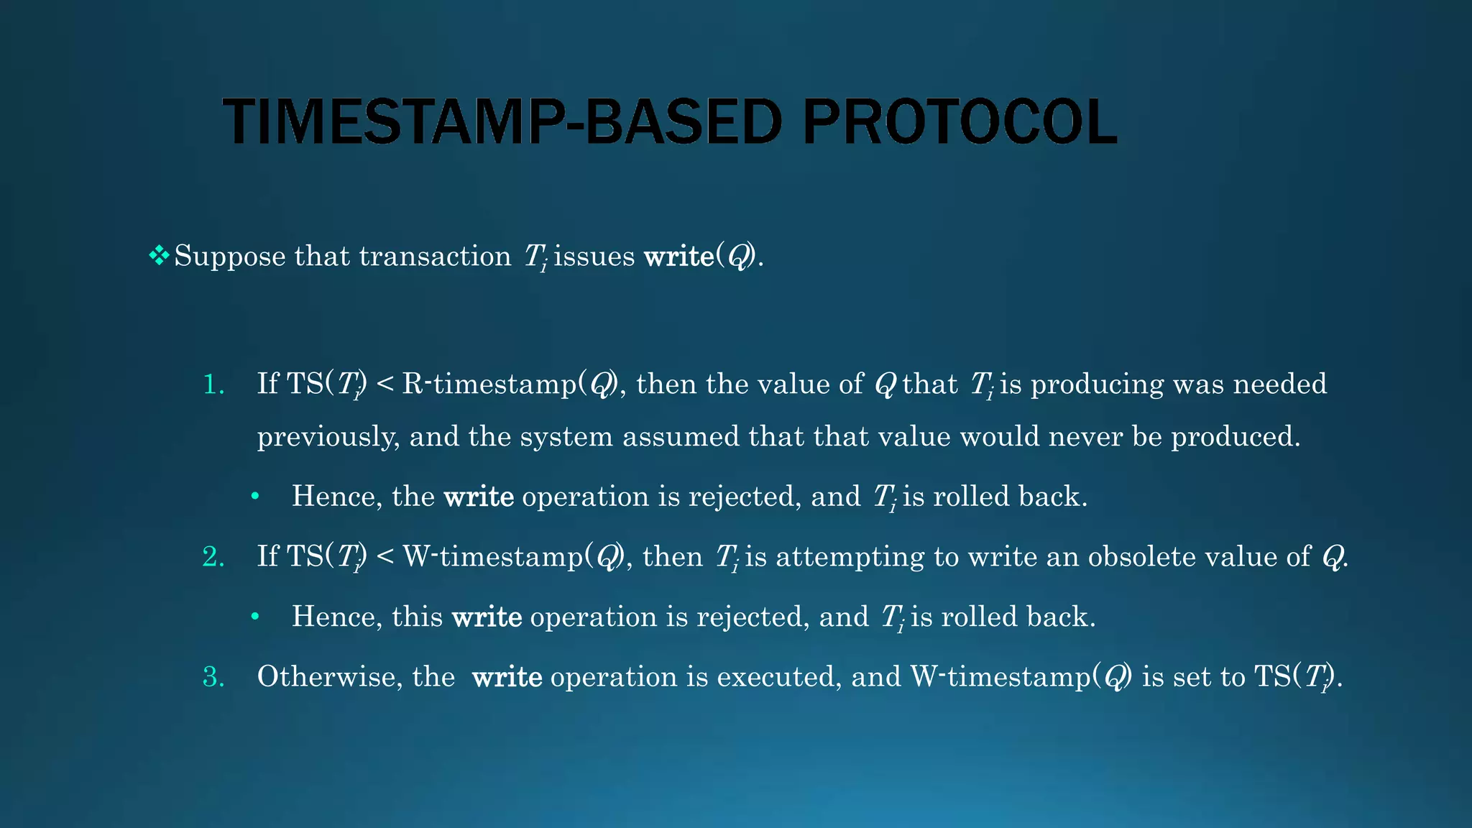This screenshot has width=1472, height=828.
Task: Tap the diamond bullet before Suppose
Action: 158,255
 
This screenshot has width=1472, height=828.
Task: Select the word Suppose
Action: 230,257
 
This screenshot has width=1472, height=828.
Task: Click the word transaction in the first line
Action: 435,257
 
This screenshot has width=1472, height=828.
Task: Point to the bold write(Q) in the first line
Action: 701,257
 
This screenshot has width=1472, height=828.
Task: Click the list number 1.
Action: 213,385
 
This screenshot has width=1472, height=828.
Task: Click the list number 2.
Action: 213,557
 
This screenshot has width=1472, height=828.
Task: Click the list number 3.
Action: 213,677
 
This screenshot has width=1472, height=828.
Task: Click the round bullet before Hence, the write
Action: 254,497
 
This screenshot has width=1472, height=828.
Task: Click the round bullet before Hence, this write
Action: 254,617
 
